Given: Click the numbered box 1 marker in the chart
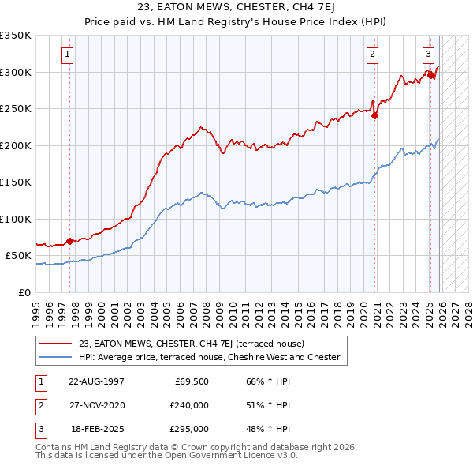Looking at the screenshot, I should click(x=69, y=54).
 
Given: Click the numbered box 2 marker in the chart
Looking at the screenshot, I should click(x=371, y=54).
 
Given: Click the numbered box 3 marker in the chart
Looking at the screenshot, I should click(x=428, y=54).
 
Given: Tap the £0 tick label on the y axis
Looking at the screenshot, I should click(x=24, y=292).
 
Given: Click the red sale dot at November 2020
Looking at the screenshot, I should click(x=375, y=115).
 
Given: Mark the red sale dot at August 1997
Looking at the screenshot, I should click(x=69, y=241).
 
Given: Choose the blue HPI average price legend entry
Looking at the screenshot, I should click(x=209, y=357).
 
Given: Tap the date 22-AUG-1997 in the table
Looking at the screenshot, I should click(x=96, y=381).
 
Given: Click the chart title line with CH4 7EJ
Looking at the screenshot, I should click(x=236, y=9).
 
